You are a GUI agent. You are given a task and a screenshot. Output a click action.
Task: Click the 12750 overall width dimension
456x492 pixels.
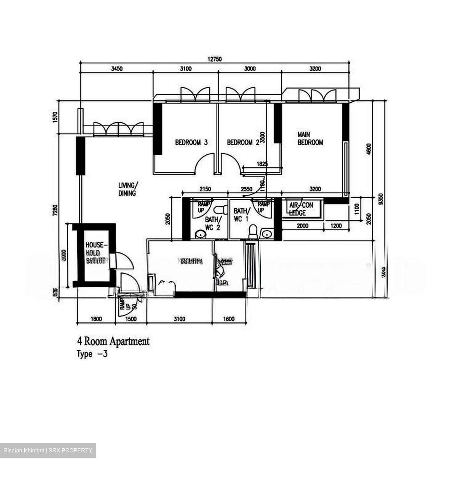[214, 59]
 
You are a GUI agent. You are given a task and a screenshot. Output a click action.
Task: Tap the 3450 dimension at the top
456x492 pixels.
[117, 69]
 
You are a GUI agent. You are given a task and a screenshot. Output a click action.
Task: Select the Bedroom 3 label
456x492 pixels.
[191, 142]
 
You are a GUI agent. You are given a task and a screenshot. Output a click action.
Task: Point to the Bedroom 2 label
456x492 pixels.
[243, 142]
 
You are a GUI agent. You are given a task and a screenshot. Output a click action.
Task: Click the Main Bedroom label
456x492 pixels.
[310, 139]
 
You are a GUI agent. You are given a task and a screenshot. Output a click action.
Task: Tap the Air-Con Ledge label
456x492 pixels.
[301, 209]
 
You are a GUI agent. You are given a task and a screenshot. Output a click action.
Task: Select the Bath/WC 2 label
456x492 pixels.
[213, 223]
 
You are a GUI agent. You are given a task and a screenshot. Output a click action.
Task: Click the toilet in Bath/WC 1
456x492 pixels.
[253, 231]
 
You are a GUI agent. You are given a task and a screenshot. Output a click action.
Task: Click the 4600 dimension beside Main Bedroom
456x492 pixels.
[368, 149]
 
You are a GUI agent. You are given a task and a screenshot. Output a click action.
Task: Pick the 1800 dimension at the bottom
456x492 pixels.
[96, 319]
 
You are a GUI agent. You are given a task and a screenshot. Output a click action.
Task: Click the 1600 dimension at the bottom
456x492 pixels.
[229, 319]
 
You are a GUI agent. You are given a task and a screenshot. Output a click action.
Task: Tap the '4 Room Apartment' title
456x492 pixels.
[113, 341]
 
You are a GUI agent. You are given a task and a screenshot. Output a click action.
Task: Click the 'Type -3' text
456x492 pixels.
[92, 354]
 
